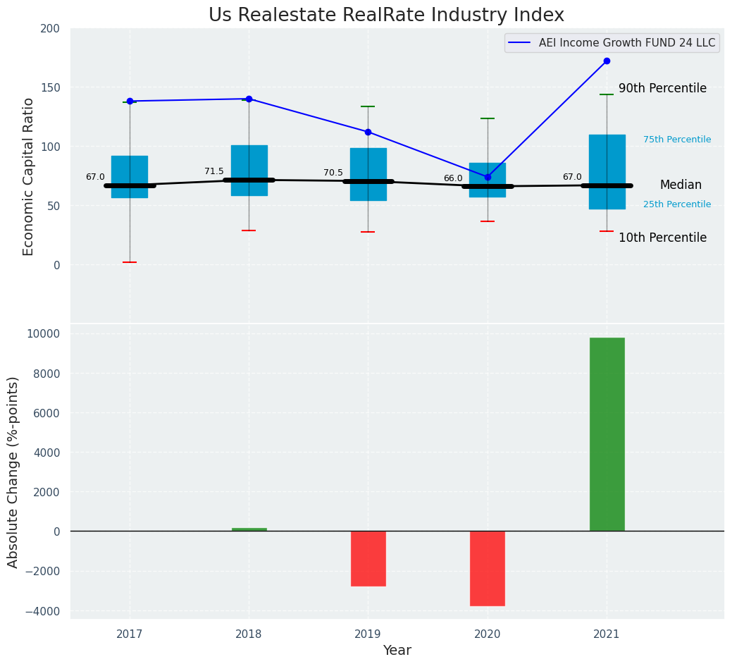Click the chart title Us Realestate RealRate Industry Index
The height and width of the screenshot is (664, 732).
(x=386, y=16)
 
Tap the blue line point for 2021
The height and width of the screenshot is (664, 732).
(x=607, y=61)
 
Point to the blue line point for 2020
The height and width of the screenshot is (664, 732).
(x=488, y=177)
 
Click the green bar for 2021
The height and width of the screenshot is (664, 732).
(x=607, y=434)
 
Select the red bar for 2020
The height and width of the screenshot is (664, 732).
(x=488, y=568)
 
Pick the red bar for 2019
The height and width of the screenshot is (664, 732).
(x=368, y=558)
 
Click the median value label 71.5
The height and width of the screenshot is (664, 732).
(x=214, y=171)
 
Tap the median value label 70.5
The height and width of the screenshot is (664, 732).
(x=333, y=173)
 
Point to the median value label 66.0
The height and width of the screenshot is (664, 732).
(x=453, y=178)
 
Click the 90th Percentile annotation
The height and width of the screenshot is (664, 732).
(x=662, y=89)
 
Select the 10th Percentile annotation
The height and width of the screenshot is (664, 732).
(x=662, y=238)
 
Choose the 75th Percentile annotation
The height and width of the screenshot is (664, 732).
(x=677, y=140)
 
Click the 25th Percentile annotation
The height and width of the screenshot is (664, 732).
(x=677, y=204)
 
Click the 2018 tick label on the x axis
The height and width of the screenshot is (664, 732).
(x=249, y=634)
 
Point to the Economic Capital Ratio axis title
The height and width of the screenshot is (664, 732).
(x=29, y=176)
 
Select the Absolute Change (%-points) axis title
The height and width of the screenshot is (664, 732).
(x=13, y=472)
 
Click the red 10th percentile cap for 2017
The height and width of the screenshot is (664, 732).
(x=130, y=262)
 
